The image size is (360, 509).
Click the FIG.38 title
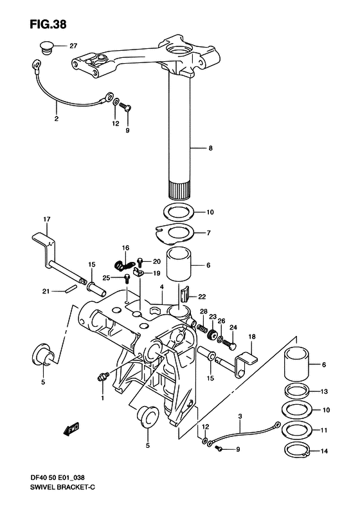click(48, 24)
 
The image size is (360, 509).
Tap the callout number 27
click(73, 46)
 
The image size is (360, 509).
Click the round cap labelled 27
click(47, 47)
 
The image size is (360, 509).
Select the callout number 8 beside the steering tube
click(210, 149)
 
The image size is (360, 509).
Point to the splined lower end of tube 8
click(179, 191)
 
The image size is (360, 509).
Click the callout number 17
click(47, 219)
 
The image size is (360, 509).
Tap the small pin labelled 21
click(71, 288)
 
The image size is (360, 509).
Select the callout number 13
click(324, 391)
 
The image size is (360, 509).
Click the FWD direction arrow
click(71, 429)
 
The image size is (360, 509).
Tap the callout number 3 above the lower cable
click(240, 416)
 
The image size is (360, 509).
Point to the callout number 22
click(202, 297)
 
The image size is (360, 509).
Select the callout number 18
click(252, 337)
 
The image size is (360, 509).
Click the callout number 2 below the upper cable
click(57, 119)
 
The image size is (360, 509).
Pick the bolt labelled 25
click(127, 279)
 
